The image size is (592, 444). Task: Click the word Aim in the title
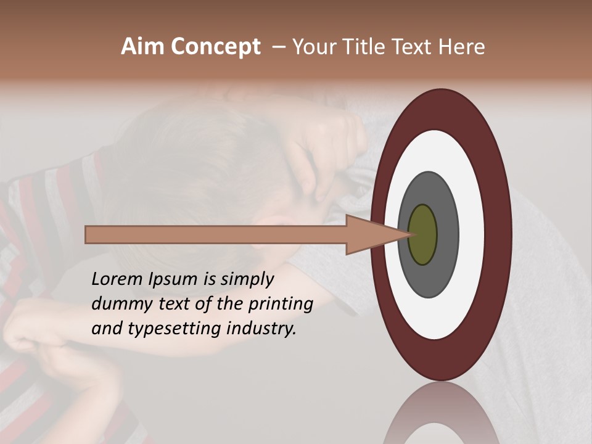[142, 47]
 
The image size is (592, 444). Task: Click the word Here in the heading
[462, 47]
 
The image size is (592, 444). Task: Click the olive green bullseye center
[423, 234]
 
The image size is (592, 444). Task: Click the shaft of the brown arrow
[216, 235]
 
